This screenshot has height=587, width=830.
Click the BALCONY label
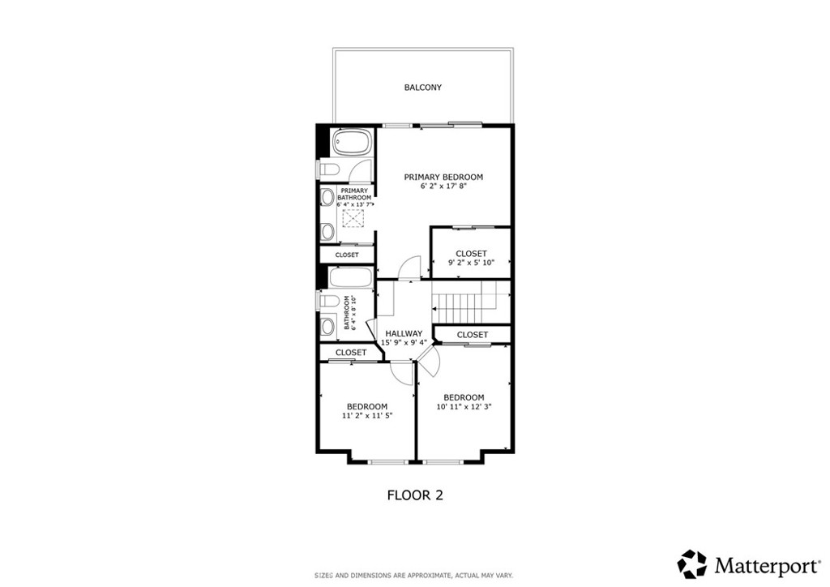tap(423, 88)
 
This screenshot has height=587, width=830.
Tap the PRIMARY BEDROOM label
tap(443, 177)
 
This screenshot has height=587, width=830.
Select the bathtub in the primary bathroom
tap(351, 144)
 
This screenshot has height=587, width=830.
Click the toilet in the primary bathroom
tap(327, 169)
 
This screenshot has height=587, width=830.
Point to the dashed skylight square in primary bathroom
tap(353, 219)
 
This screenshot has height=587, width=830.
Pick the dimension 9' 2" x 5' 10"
tap(471, 263)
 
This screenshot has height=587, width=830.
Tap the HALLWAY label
tap(404, 333)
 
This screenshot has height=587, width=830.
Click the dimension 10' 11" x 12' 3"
tap(464, 407)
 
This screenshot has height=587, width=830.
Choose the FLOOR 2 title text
tap(414, 494)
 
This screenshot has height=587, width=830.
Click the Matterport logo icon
tap(691, 563)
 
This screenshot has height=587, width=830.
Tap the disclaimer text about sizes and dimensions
tap(413, 575)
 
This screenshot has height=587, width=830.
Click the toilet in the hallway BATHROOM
tap(328, 302)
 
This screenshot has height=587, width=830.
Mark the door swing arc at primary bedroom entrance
tap(412, 268)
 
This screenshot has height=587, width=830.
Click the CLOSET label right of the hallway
tap(473, 335)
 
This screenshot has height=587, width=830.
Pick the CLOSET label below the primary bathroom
tap(347, 255)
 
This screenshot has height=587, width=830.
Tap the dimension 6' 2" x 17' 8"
tap(443, 186)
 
